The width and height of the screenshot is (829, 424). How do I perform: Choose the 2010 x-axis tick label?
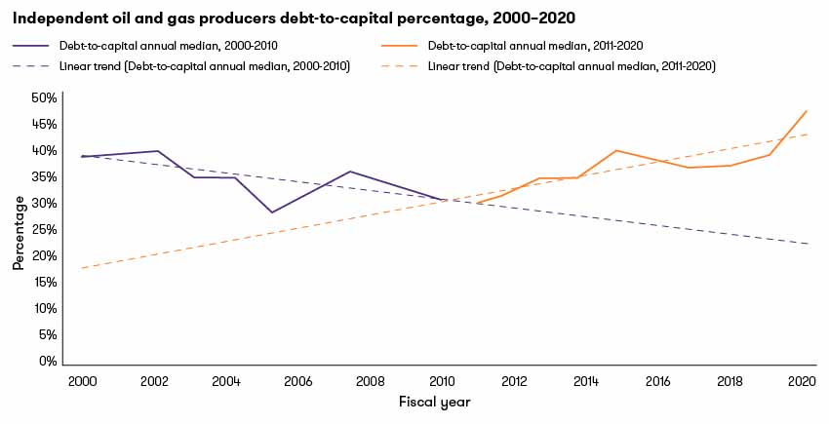click(x=443, y=381)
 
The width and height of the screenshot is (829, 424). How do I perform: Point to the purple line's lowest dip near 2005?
click(x=272, y=212)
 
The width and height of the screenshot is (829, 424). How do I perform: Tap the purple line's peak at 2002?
click(x=157, y=151)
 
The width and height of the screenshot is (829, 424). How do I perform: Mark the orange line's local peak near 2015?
click(x=616, y=150)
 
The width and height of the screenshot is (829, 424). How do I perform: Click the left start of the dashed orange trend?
click(x=82, y=267)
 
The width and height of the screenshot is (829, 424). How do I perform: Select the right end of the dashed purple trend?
click(x=809, y=244)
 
